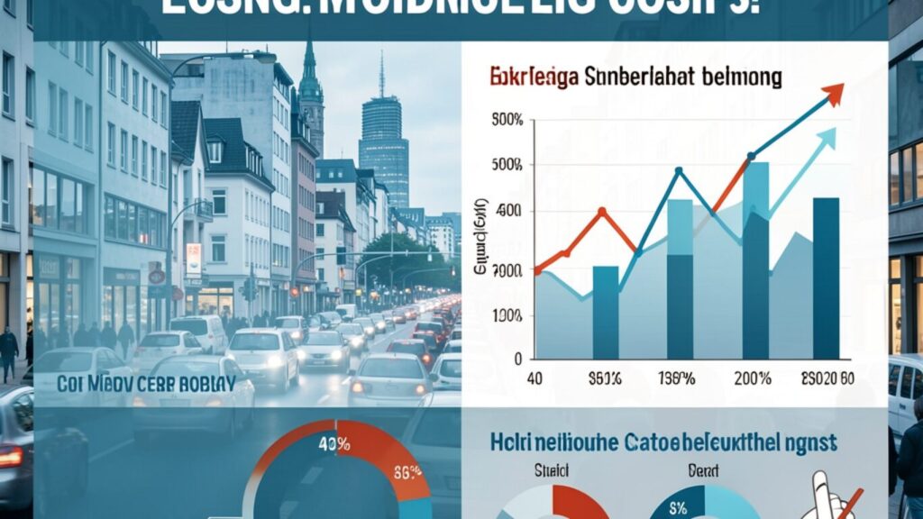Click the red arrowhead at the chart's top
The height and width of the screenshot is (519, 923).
pyautogui.click(x=834, y=92)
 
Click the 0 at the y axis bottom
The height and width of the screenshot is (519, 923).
pyautogui.click(x=517, y=358)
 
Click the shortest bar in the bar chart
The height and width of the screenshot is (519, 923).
pyautogui.click(x=606, y=312)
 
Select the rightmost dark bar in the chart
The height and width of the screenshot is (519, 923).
pyautogui.click(x=826, y=278)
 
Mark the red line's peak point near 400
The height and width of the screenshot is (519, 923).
pyautogui.click(x=603, y=213)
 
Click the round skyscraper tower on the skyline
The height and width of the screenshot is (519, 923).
pyautogui.click(x=383, y=144)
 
